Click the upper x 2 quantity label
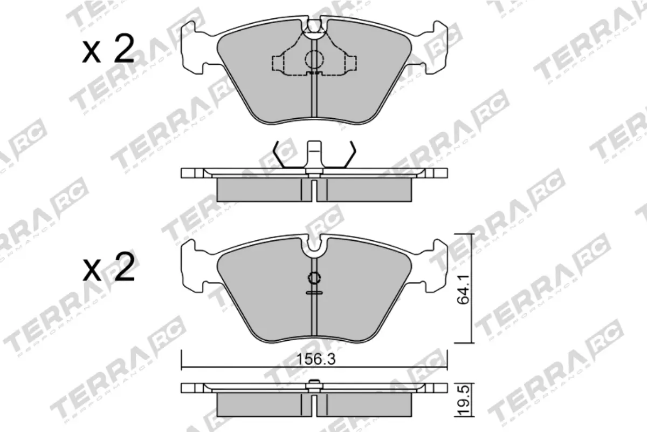pos(108,51)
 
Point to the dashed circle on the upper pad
pos(313,59)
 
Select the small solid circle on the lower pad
pos(313,279)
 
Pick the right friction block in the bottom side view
pos(369,403)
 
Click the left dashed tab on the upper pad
pos(279,64)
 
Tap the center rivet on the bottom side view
pos(313,386)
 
